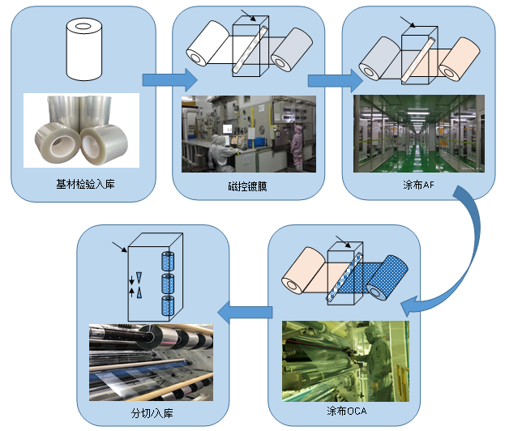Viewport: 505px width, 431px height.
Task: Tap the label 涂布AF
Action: (x=418, y=185)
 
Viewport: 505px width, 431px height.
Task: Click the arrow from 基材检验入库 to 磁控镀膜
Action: (x=169, y=79)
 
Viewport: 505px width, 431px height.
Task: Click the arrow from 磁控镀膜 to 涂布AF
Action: (x=334, y=79)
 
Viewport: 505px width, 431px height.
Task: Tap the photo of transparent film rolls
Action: (x=81, y=132)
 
